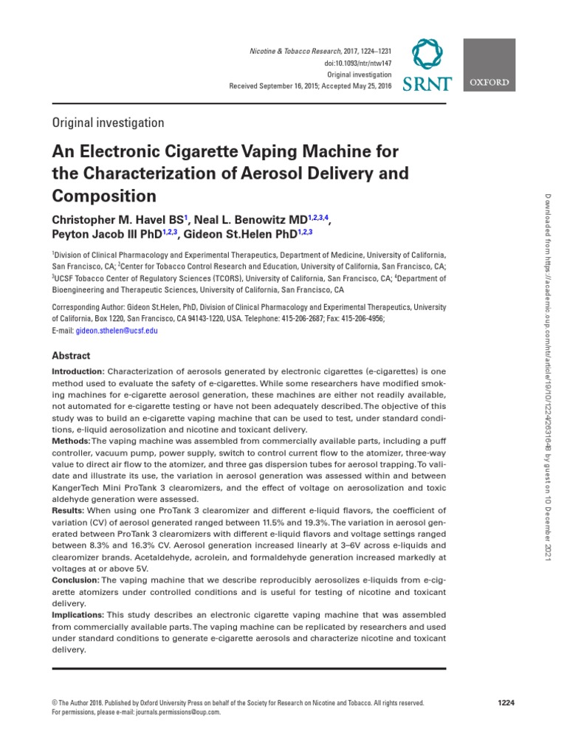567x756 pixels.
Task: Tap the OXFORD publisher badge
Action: pos(489,83)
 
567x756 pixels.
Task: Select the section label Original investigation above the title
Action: pos(108,123)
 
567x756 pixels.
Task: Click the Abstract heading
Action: pos(71,355)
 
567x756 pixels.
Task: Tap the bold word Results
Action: pos(68,511)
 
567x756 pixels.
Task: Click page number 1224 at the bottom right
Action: pos(506,702)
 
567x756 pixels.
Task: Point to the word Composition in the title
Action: pos(103,196)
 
